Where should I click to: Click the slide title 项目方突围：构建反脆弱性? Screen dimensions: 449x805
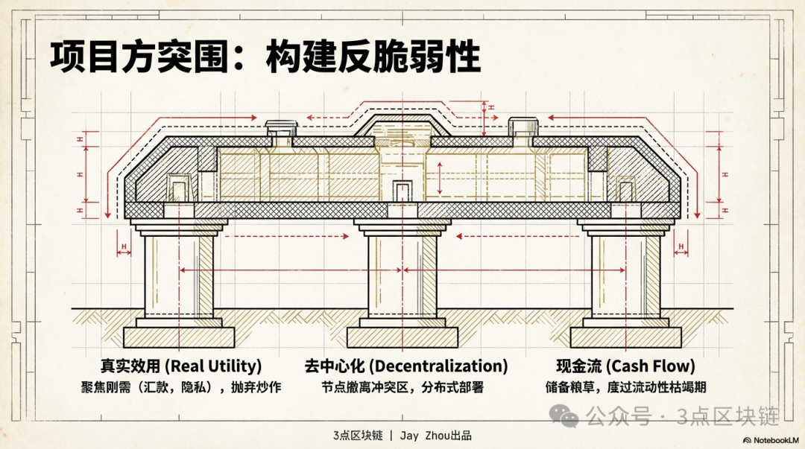(x=265, y=57)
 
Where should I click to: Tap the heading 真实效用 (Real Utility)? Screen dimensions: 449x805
(x=181, y=366)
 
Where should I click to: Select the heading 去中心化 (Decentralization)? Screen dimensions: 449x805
(x=406, y=366)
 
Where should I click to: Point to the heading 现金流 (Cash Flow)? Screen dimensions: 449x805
(x=625, y=366)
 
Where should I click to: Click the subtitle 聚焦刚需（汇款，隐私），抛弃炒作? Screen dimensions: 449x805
(x=181, y=387)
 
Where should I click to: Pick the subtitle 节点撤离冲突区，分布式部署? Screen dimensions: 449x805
(x=402, y=387)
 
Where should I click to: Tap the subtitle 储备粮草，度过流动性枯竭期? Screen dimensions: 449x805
(x=625, y=387)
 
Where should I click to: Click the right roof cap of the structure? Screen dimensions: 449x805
(x=523, y=127)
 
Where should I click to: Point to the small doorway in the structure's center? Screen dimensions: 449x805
(x=402, y=191)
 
